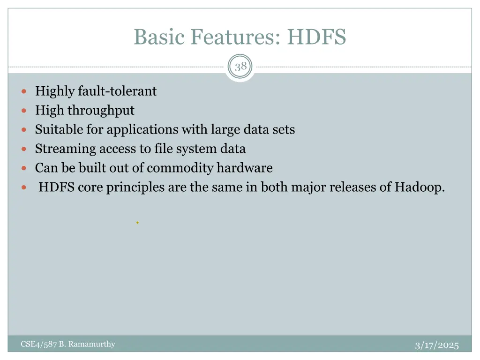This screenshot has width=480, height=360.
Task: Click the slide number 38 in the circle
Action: [x=240, y=67]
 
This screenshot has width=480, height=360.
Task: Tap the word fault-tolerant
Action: [x=117, y=91]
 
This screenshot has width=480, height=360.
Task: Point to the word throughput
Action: [x=101, y=111]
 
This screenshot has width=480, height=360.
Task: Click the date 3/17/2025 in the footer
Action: [x=436, y=345]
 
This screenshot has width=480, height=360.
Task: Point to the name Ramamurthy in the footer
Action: [x=92, y=345]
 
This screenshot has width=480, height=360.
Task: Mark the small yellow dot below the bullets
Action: [x=137, y=223]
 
